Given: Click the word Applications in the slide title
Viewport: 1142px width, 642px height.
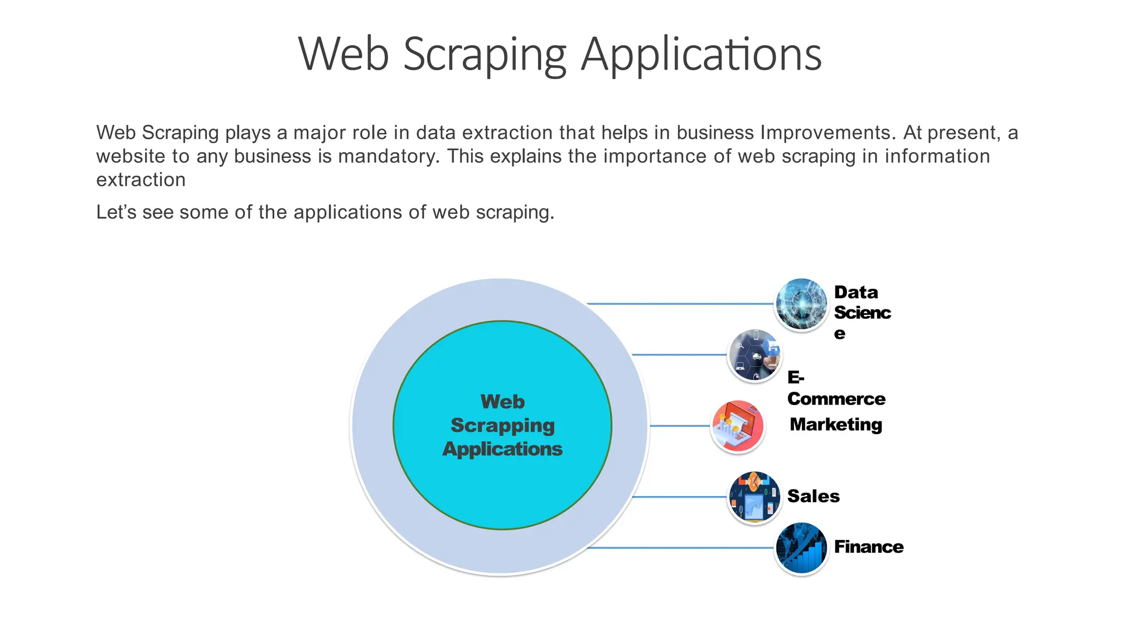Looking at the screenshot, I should coord(701,55).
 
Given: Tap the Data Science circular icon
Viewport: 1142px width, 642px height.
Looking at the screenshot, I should coord(801,304).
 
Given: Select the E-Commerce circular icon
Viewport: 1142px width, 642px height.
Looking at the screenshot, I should coord(755,355).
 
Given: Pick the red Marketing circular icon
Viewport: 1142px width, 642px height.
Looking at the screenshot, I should coord(738,426).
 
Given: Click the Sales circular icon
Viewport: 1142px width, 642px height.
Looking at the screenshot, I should coord(754,497).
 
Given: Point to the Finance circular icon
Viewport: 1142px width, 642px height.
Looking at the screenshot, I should coord(801,548).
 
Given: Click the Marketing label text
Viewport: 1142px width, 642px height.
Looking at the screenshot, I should coord(836,425).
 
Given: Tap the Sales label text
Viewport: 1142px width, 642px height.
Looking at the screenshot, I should coord(813,496).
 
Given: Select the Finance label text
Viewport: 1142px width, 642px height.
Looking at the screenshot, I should coord(868,547).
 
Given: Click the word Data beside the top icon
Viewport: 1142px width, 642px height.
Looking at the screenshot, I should coord(855,292).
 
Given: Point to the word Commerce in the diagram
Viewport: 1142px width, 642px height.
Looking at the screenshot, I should coord(836,399).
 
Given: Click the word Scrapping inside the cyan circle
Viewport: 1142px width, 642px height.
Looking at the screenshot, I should coord(502,425).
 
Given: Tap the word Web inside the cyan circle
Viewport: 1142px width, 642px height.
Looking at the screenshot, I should coord(502,401).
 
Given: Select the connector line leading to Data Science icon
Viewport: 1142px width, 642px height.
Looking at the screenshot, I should coord(680,304).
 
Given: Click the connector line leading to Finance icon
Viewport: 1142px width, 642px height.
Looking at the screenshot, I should coord(680,548).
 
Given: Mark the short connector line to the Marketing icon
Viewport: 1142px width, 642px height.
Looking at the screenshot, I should coord(680,426).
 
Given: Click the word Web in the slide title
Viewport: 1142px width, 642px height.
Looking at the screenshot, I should coord(343,55).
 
